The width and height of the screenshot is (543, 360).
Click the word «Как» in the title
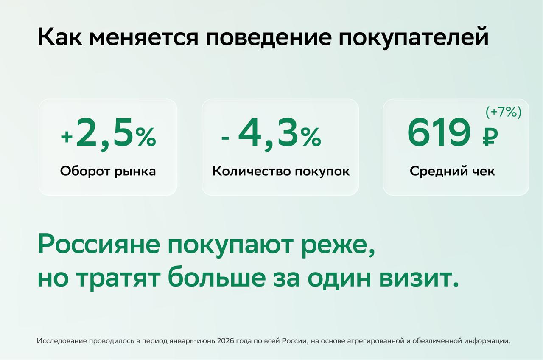click(x=60, y=37)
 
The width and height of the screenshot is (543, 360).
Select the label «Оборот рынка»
click(x=108, y=172)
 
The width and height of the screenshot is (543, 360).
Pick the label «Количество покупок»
click(x=281, y=171)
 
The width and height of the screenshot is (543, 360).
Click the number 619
click(x=439, y=133)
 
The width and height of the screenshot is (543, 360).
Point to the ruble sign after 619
click(x=490, y=137)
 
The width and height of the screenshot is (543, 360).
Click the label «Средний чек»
click(x=452, y=172)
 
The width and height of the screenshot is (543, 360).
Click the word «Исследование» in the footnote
click(x=62, y=341)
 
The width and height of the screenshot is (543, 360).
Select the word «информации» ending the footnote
click(x=487, y=341)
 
